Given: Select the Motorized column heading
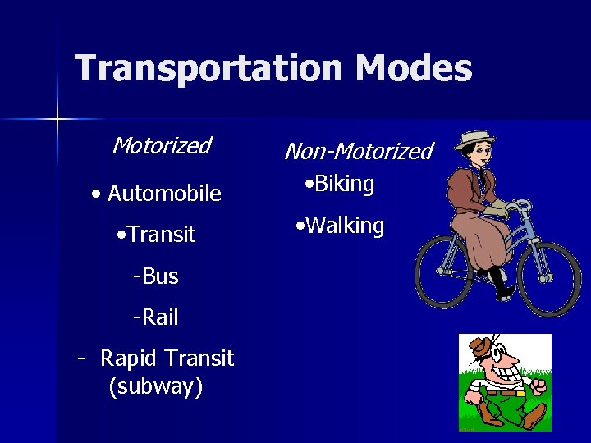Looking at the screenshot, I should click(162, 146).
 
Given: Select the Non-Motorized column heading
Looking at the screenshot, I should click(358, 152).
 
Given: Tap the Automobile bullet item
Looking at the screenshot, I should click(163, 194).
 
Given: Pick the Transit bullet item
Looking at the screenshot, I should click(161, 235).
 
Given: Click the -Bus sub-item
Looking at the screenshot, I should click(155, 276).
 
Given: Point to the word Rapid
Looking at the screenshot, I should click(129, 359).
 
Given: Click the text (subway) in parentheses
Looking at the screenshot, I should click(155, 386).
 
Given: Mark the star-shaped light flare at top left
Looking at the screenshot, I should click(57, 120).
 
